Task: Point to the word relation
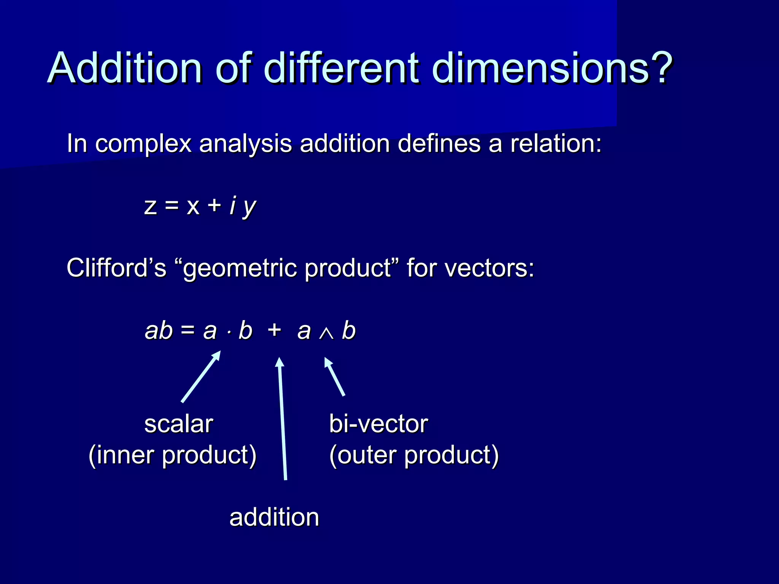pos(555,144)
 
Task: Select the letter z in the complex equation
pos(151,206)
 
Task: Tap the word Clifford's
pos(116,268)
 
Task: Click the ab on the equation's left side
pos(158,330)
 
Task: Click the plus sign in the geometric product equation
pos(274,330)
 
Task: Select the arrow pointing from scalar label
pos(201,376)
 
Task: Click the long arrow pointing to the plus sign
pos(282,418)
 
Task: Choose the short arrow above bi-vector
pos(334,376)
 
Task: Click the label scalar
pos(178,424)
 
